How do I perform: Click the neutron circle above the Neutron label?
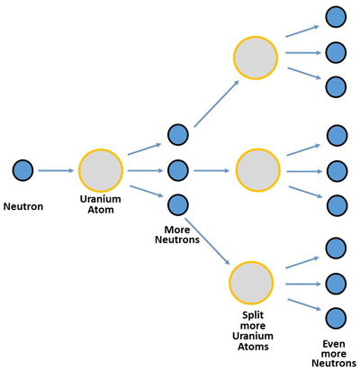pos(22,170)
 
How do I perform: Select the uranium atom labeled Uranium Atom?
pos(101,170)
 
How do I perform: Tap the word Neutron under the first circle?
pos(23,206)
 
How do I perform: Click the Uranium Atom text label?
pos(101,204)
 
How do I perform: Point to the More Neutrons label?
pos(177,234)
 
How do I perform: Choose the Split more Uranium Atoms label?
pos(253,330)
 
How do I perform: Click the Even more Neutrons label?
pos(334,353)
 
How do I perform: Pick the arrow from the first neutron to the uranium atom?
pos(56,170)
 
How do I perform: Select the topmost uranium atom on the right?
pos(256,58)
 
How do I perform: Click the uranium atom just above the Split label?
pos(251,283)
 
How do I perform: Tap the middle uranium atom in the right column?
pos(258,170)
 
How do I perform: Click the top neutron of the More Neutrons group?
pos(178,135)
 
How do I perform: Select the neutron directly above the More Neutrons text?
pos(178,205)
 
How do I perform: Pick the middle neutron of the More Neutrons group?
pos(178,170)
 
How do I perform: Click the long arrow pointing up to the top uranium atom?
pos(217,104)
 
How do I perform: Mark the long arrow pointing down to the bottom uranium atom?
pos(207,241)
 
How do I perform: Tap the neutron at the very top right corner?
pos(336,17)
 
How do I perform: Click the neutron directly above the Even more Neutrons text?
pos(336,318)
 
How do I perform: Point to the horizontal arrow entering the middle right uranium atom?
pos(211,170)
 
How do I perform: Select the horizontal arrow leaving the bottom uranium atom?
pos(303,284)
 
